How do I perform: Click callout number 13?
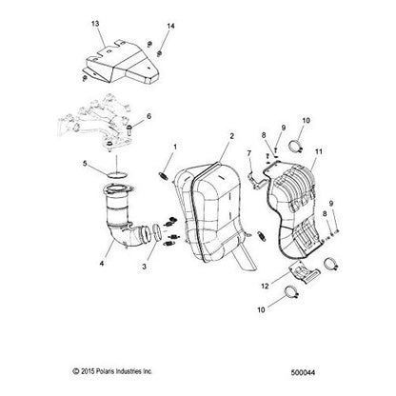click(95, 24)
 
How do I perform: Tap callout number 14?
click(170, 26)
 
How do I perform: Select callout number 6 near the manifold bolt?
click(148, 116)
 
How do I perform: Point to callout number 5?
click(85, 164)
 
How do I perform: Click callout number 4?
click(102, 263)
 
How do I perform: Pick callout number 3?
click(144, 267)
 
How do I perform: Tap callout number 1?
click(175, 147)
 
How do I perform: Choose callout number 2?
click(232, 136)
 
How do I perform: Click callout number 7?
click(249, 153)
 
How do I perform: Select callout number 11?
click(319, 151)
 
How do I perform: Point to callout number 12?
click(265, 287)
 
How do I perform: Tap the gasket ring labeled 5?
click(117, 174)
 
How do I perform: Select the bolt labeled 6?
click(129, 129)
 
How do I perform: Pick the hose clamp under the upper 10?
click(296, 146)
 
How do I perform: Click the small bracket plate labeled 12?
click(303, 273)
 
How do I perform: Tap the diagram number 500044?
click(303, 372)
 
